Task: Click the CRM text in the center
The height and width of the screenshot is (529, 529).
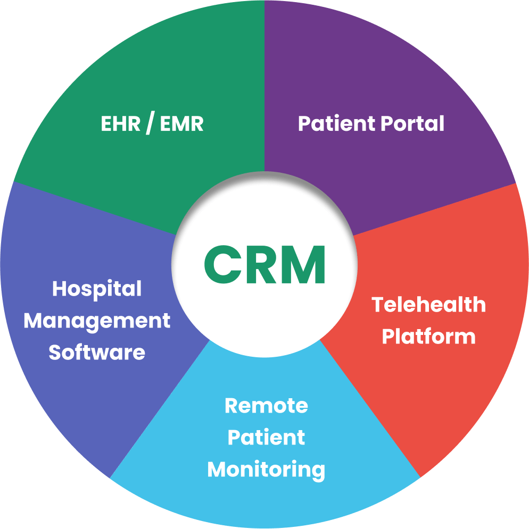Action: pyautogui.click(x=264, y=264)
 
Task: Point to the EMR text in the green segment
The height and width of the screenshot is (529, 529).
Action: pyautogui.click(x=181, y=124)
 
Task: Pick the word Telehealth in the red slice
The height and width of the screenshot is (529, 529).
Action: pyautogui.click(x=428, y=305)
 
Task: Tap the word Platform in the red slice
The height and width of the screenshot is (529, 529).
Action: pyautogui.click(x=428, y=337)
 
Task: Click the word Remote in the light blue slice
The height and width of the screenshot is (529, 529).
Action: pyautogui.click(x=266, y=406)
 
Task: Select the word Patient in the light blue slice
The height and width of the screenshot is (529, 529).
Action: pyautogui.click(x=266, y=438)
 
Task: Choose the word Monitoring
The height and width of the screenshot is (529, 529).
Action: pyautogui.click(x=266, y=469)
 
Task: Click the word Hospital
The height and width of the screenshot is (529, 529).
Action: pyautogui.click(x=97, y=289)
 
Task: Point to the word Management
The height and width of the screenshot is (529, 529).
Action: pyautogui.click(x=97, y=321)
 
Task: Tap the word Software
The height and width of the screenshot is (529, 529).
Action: pyautogui.click(x=97, y=352)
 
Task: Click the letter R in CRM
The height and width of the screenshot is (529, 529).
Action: pyautogui.click(x=261, y=264)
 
